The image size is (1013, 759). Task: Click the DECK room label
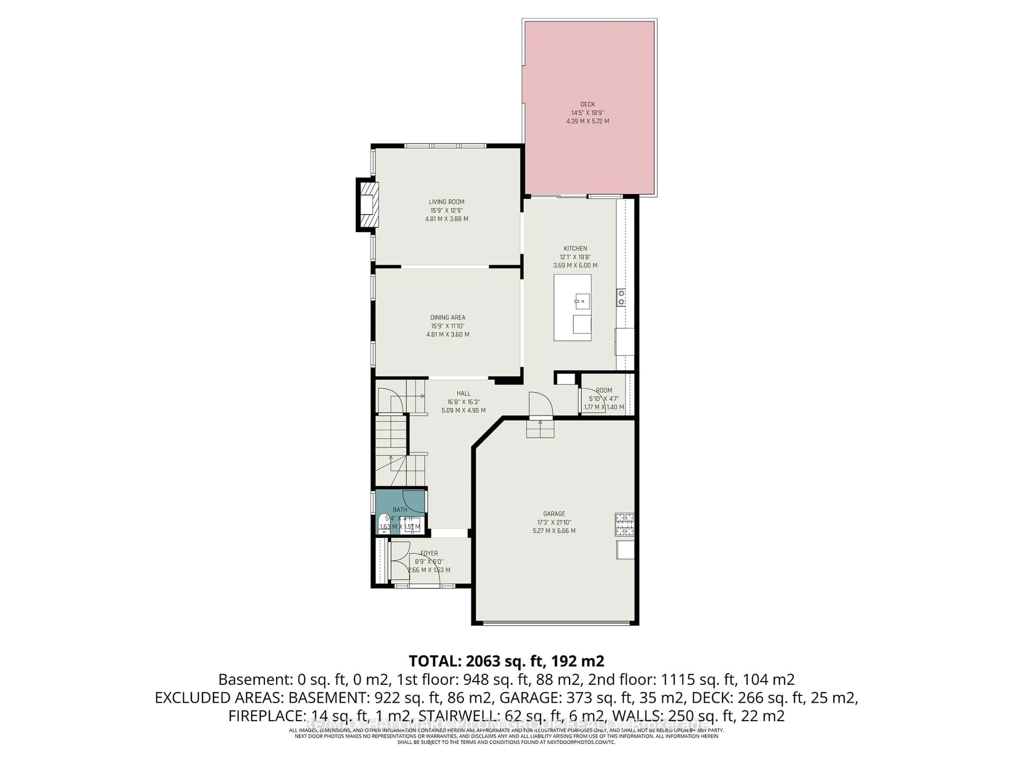tap(587, 104)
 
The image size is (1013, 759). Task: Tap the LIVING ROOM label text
tap(447, 202)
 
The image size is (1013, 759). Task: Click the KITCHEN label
tap(575, 249)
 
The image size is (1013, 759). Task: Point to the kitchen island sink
tap(582, 301)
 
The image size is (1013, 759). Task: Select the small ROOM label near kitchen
tap(604, 390)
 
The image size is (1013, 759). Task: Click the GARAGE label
tap(554, 514)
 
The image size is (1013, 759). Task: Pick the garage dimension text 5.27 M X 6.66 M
tap(554, 531)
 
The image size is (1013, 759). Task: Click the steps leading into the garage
tap(540, 429)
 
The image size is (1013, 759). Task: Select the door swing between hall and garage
tap(540, 403)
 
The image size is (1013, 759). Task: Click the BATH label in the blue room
tap(400, 510)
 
